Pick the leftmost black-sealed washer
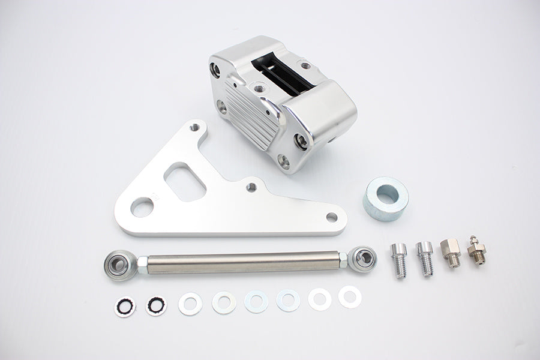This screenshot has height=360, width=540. pos(125,307)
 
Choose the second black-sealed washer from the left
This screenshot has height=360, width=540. pos(157,305)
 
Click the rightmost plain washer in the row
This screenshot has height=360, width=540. pos(349,296)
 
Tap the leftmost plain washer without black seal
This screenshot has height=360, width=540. pos(190,304)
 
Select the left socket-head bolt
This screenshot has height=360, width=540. pos(399,259)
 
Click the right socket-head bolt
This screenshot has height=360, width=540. pos(425,257)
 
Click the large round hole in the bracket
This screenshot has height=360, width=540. pos(142,208)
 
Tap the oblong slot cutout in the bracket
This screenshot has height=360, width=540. pos(185,182)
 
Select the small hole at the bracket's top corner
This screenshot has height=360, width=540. pos(195,128)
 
